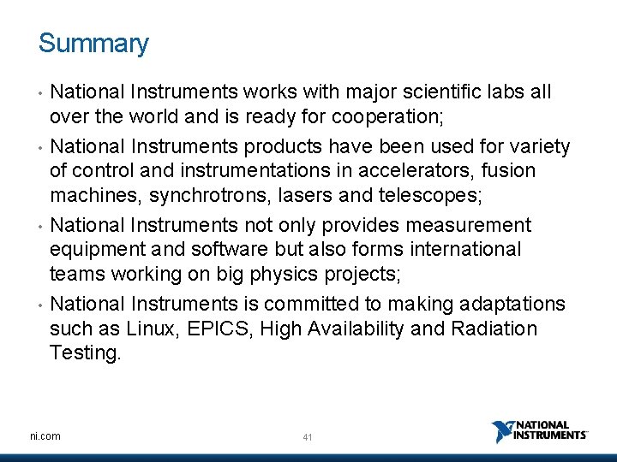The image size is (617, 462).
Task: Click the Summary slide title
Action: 93,44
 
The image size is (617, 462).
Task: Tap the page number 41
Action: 308,437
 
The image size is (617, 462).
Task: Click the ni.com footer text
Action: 44,436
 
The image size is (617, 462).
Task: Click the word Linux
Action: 155,329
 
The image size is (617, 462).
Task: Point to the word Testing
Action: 86,352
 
